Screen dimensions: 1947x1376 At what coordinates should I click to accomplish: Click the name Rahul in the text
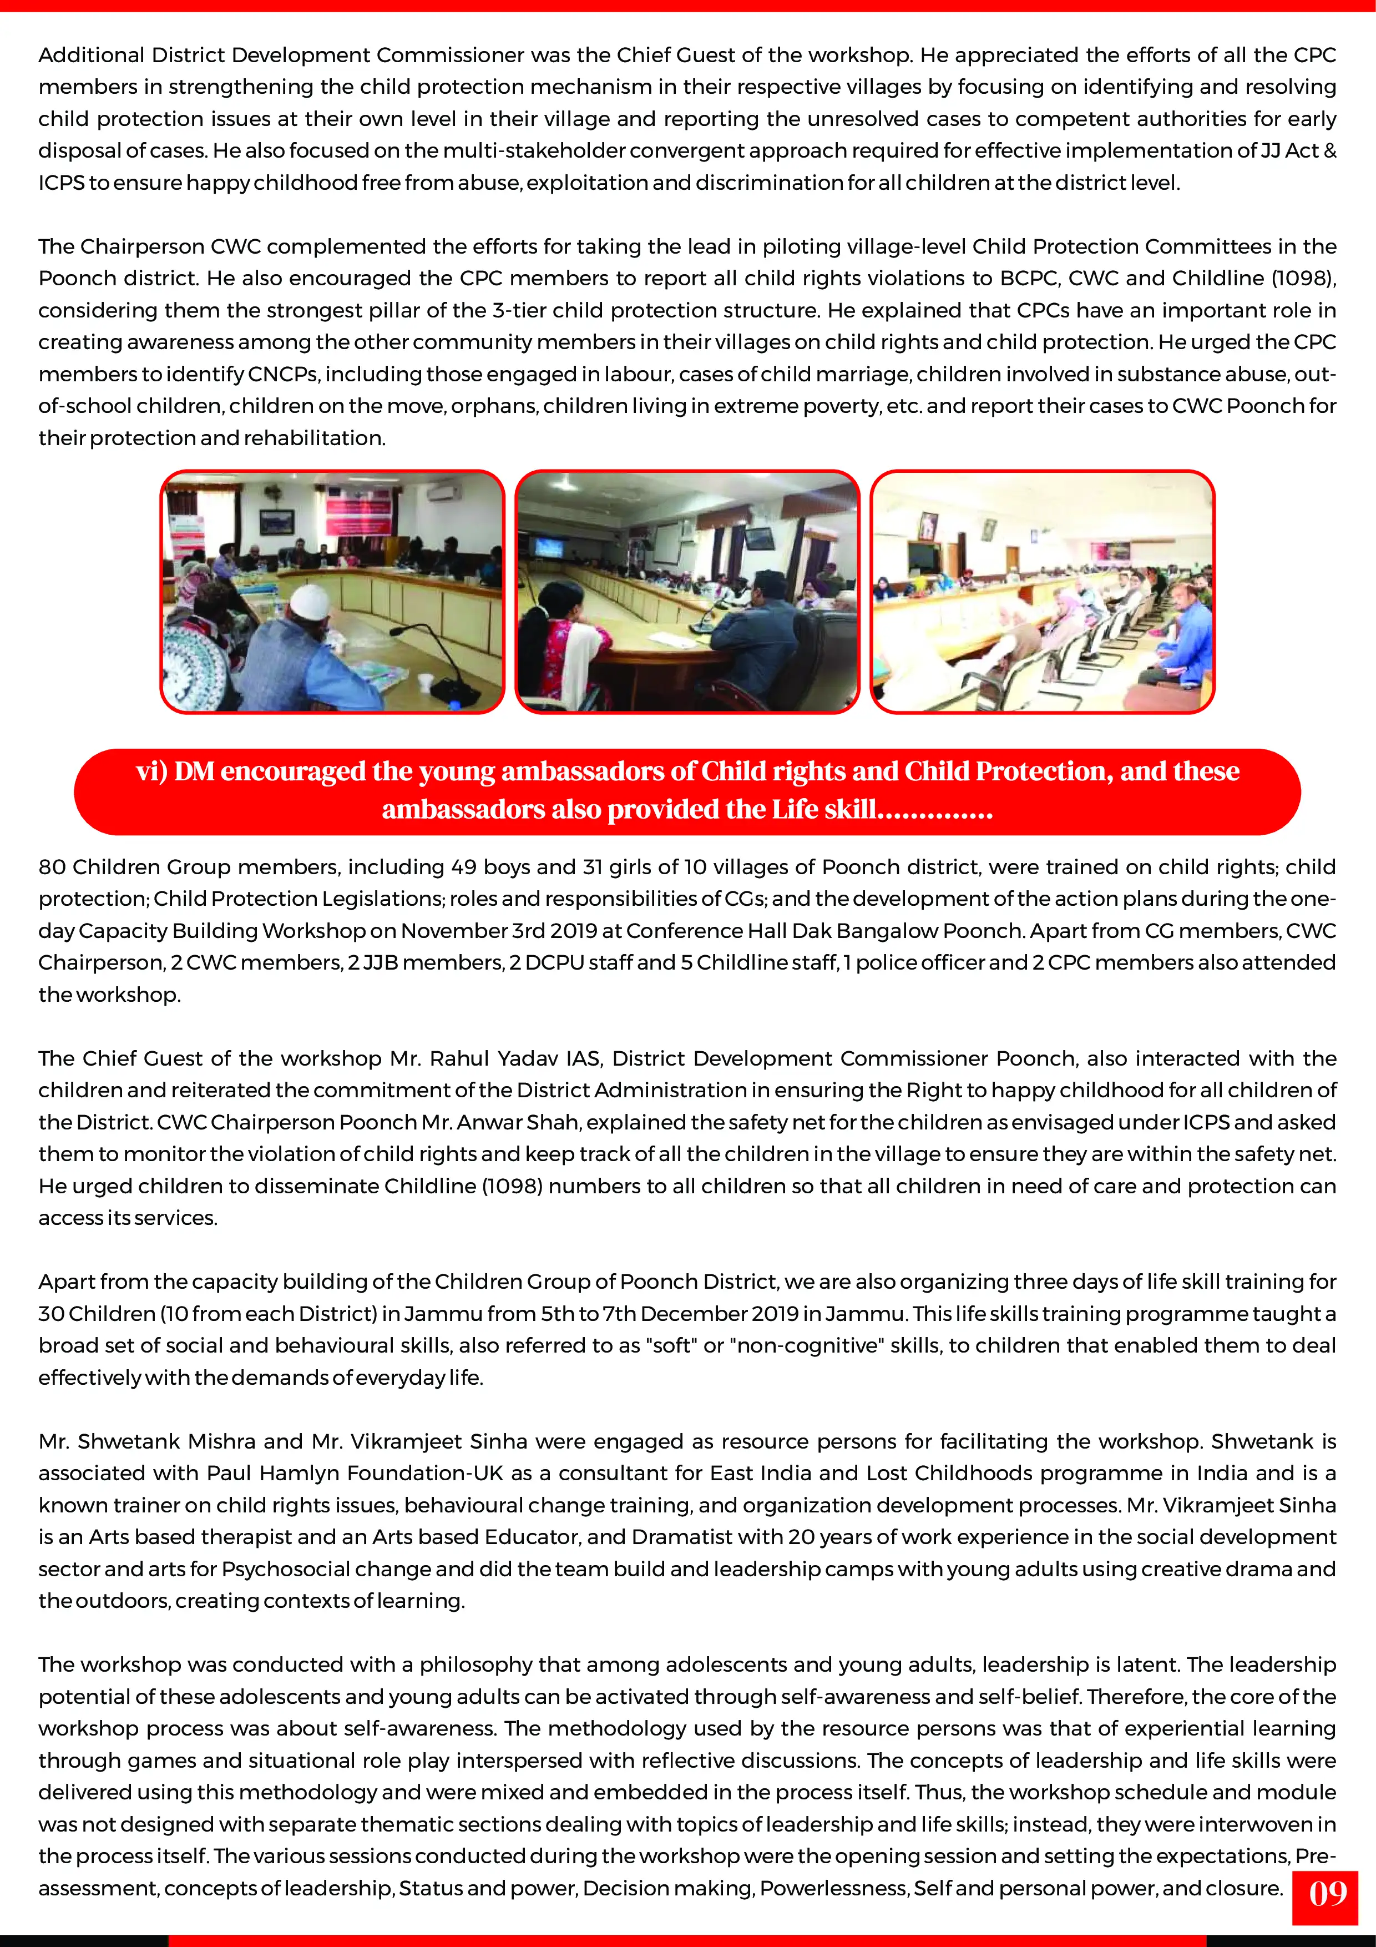(459, 1058)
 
